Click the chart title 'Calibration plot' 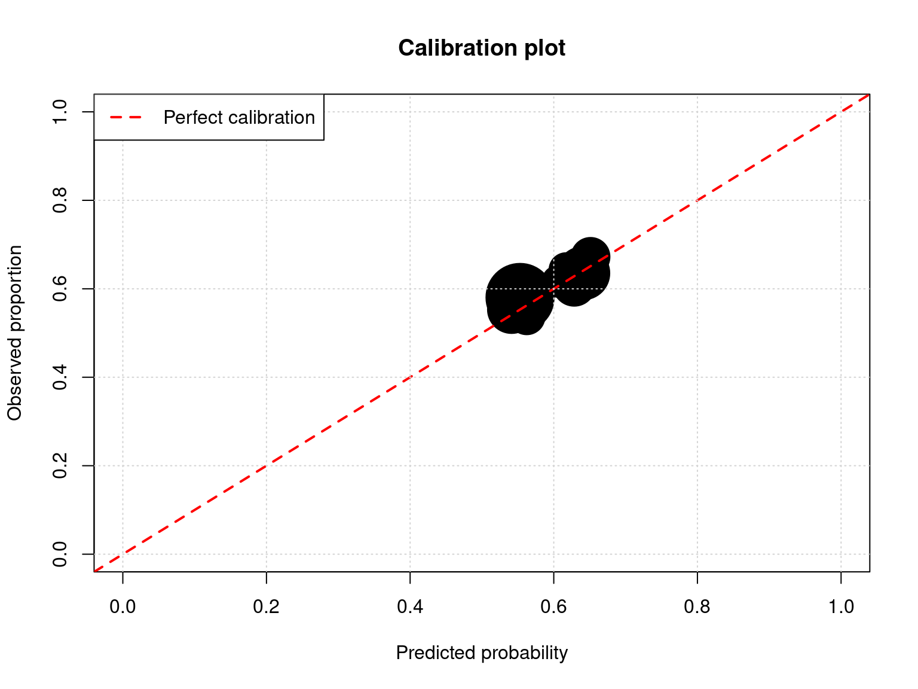(482, 48)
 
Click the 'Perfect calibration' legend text (239, 117)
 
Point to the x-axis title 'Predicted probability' (482, 653)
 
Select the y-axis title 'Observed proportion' (14, 333)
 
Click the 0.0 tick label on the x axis (123, 607)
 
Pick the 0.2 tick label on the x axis (267, 607)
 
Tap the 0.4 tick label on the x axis (410, 607)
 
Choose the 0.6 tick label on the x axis (553, 607)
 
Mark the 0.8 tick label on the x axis (697, 607)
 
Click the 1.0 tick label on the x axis (841, 607)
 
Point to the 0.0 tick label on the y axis (60, 554)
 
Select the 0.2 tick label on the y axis (60, 465)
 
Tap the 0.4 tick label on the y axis (60, 377)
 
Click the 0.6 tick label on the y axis (60, 289)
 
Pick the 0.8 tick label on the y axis (60, 200)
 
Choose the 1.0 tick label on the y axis (60, 112)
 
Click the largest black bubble (519, 296)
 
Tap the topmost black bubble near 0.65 (590, 254)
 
